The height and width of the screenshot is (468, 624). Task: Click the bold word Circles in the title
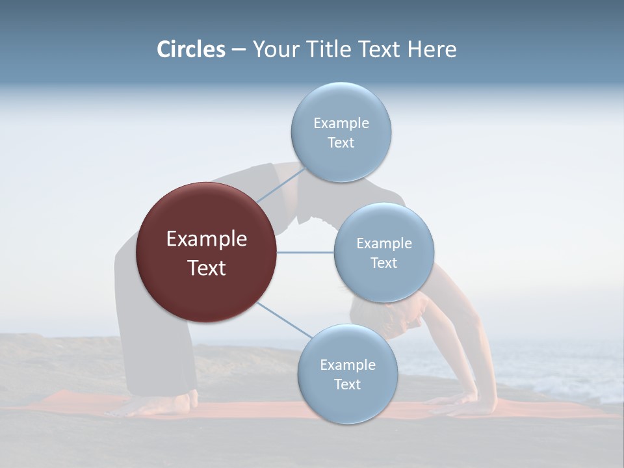pyautogui.click(x=191, y=49)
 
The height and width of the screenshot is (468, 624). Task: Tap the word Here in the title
pyautogui.click(x=432, y=49)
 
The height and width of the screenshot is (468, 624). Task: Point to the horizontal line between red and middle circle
pyautogui.click(x=305, y=252)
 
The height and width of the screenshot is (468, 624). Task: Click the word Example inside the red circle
pyautogui.click(x=206, y=239)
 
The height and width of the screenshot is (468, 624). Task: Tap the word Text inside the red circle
pyautogui.click(x=206, y=268)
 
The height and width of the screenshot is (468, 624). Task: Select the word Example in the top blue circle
pyautogui.click(x=341, y=123)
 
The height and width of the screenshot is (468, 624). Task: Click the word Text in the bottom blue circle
pyautogui.click(x=347, y=384)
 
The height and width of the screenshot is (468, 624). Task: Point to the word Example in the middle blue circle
pyautogui.click(x=384, y=243)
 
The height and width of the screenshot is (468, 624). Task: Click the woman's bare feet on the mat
pyautogui.click(x=156, y=405)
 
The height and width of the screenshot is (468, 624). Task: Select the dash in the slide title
pyautogui.click(x=238, y=49)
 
